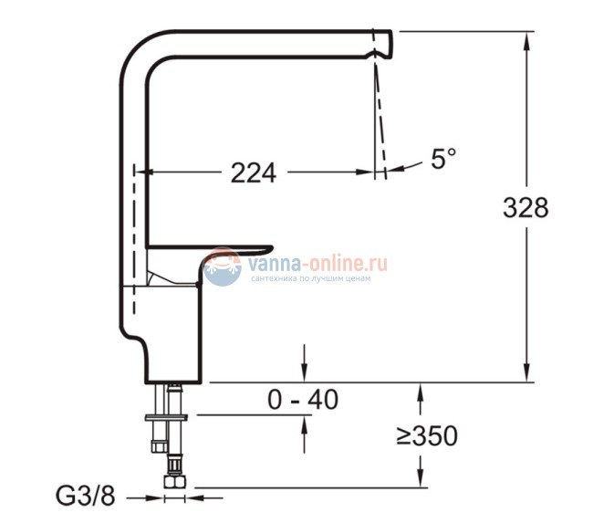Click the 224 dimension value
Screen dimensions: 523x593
coord(253,172)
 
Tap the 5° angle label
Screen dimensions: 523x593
coord(442,160)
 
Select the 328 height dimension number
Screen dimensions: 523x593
coord(525,208)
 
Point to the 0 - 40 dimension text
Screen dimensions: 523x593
coord(304,399)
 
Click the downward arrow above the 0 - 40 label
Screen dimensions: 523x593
coord(304,370)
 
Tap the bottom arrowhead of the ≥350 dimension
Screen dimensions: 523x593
coord(420,482)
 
